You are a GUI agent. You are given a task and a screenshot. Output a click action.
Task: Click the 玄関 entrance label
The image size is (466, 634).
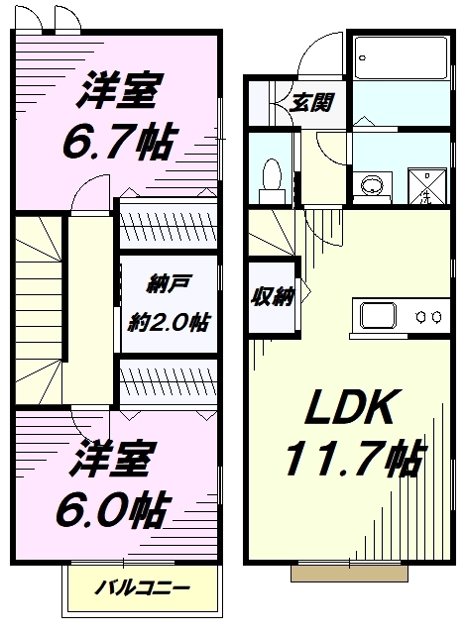tap(310, 103)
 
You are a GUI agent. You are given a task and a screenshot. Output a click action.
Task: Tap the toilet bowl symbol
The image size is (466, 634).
tap(271, 181)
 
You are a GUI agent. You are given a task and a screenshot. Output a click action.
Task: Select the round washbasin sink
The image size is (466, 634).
tap(372, 186)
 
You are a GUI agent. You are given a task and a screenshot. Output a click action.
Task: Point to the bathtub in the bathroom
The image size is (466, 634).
tap(401, 57)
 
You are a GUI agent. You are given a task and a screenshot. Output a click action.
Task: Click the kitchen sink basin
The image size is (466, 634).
tap(379, 316)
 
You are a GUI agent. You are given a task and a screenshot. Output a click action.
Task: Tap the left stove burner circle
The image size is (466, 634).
tap(421, 317)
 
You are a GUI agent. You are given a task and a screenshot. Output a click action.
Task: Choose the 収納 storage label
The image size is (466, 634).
tap(273, 298)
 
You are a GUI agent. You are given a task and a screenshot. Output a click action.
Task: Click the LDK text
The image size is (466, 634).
tap(350, 407)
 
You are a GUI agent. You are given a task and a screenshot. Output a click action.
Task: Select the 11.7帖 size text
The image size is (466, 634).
tap(355, 458)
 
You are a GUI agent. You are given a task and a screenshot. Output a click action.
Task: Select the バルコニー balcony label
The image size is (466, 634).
tap(142, 587)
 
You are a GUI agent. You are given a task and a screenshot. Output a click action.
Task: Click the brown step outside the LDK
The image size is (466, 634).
tap(349, 574)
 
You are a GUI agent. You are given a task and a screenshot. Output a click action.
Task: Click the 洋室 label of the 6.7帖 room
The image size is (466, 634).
tap(120, 90)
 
